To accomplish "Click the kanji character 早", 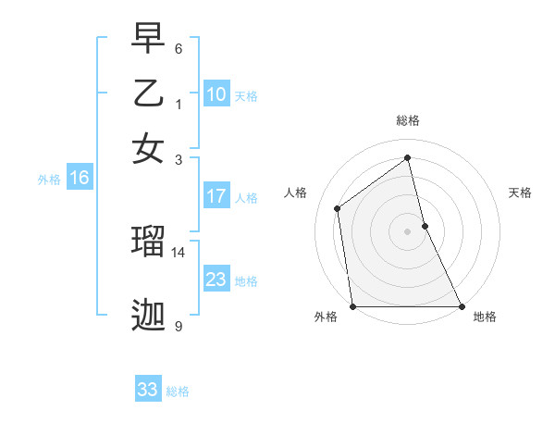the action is click(x=148, y=41).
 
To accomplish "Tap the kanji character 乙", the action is click(x=148, y=93).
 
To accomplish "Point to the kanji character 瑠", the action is click(x=148, y=242).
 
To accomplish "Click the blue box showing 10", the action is click(x=216, y=94).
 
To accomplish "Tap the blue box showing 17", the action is click(x=216, y=196).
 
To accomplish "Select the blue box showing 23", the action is click(x=216, y=280).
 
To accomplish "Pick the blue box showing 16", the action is click(x=79, y=178).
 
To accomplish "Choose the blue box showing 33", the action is click(x=148, y=390).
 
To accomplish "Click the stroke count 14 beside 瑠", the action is click(x=179, y=252).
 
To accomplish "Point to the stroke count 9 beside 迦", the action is click(x=179, y=326).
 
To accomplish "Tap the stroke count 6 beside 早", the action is click(x=179, y=48).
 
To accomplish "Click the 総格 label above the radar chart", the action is click(x=408, y=120).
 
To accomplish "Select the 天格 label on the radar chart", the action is click(x=521, y=193).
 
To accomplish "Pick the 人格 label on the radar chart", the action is click(x=295, y=193).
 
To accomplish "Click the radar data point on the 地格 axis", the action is click(x=462, y=306).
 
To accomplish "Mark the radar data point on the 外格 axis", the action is click(x=352, y=306).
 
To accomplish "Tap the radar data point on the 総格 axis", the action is click(x=408, y=157).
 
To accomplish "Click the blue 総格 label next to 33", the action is click(x=178, y=391).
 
